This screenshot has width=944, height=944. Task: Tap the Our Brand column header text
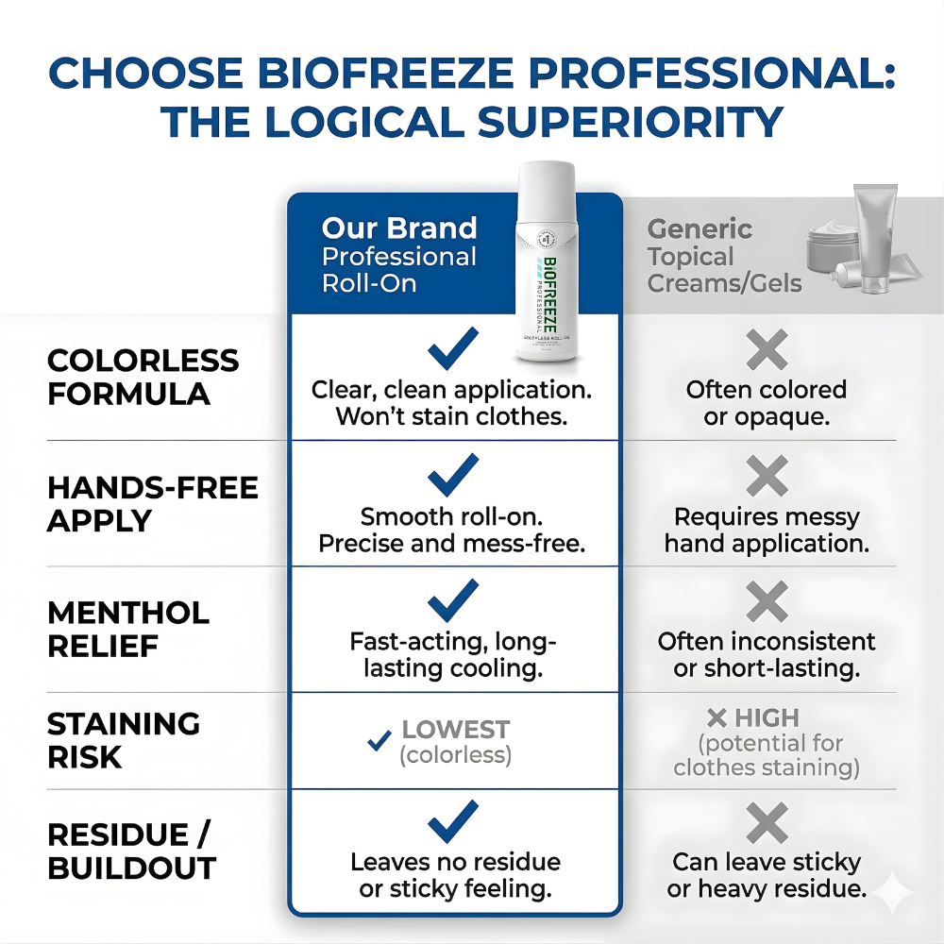[399, 228]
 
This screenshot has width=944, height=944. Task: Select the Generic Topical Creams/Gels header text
[724, 256]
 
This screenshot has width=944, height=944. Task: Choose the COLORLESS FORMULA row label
[143, 377]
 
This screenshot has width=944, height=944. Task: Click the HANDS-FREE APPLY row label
[152, 504]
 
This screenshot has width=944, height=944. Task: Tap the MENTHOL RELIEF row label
[127, 630]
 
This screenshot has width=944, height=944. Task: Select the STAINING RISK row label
[123, 740]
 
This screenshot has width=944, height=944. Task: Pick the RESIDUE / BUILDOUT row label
[131, 851]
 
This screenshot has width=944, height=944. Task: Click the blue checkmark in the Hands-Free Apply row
[453, 476]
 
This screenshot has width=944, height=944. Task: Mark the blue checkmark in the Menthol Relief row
[453, 601]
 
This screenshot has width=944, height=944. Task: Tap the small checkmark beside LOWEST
[379, 741]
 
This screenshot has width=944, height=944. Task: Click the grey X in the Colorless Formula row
[767, 351]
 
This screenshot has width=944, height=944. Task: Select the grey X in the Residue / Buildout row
[767, 824]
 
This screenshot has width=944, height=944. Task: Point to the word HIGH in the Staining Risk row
[767, 717]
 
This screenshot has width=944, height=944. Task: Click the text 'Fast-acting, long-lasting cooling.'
[453, 654]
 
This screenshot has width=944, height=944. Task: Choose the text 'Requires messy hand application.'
[767, 531]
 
